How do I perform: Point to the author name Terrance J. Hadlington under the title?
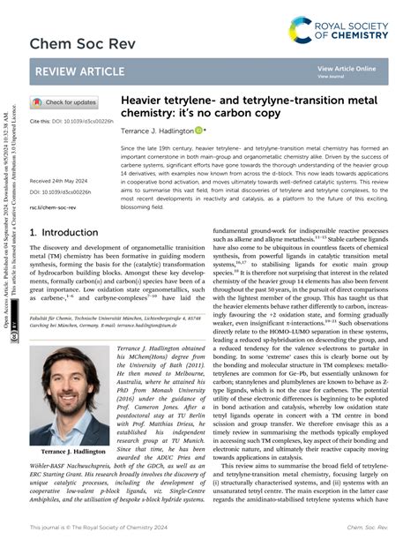[155, 129]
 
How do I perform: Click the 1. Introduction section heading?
[64, 233]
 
